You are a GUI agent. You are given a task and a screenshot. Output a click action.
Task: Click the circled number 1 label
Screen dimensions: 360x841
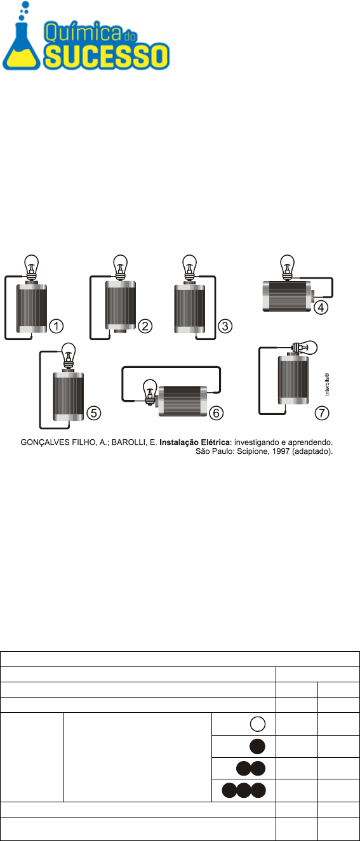(57, 326)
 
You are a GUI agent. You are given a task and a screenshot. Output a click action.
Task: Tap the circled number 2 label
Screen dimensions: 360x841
(145, 326)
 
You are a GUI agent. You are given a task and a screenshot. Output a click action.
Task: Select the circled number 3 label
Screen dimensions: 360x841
(225, 326)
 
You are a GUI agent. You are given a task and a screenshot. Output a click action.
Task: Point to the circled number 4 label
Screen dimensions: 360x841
(321, 307)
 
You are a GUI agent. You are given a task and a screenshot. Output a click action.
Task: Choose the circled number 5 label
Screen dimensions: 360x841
(94, 413)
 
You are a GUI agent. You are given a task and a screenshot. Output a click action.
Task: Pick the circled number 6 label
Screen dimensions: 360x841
(217, 413)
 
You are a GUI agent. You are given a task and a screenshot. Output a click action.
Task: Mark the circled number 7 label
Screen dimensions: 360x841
(322, 413)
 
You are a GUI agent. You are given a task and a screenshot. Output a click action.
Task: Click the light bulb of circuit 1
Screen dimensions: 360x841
(32, 267)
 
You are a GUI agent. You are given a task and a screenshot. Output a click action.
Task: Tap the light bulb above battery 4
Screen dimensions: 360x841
(287, 267)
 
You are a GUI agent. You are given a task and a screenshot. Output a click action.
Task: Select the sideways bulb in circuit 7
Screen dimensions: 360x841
(304, 348)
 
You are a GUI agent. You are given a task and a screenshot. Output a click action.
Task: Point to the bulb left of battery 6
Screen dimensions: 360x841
(150, 392)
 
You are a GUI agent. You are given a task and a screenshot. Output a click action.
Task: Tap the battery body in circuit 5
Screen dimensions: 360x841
(69, 395)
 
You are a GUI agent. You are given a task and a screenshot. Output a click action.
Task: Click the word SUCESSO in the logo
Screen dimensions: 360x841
(107, 56)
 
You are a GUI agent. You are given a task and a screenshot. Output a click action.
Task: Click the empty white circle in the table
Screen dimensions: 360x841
(258, 724)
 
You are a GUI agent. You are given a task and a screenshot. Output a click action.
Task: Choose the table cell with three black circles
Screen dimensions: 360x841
(244, 790)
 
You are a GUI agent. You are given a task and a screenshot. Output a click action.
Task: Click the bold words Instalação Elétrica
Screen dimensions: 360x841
(194, 442)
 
